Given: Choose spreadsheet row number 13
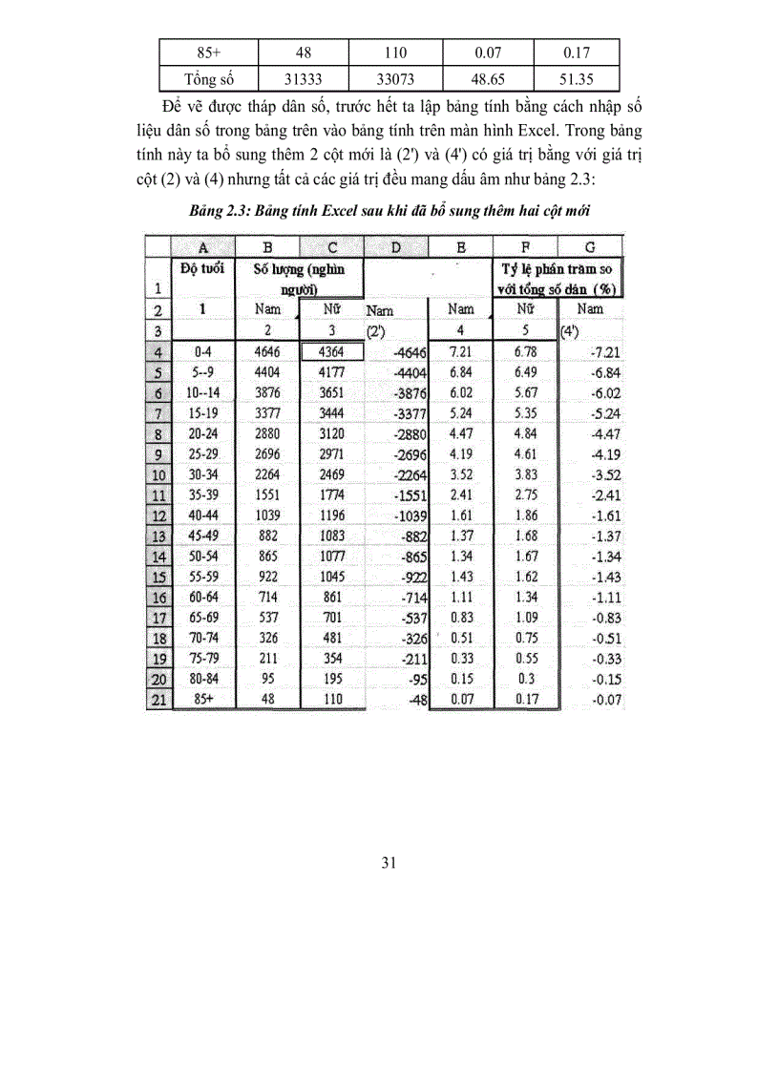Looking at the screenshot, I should click(158, 536).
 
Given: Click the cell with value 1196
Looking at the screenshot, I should click(331, 515).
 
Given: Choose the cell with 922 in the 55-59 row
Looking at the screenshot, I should click(268, 578).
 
